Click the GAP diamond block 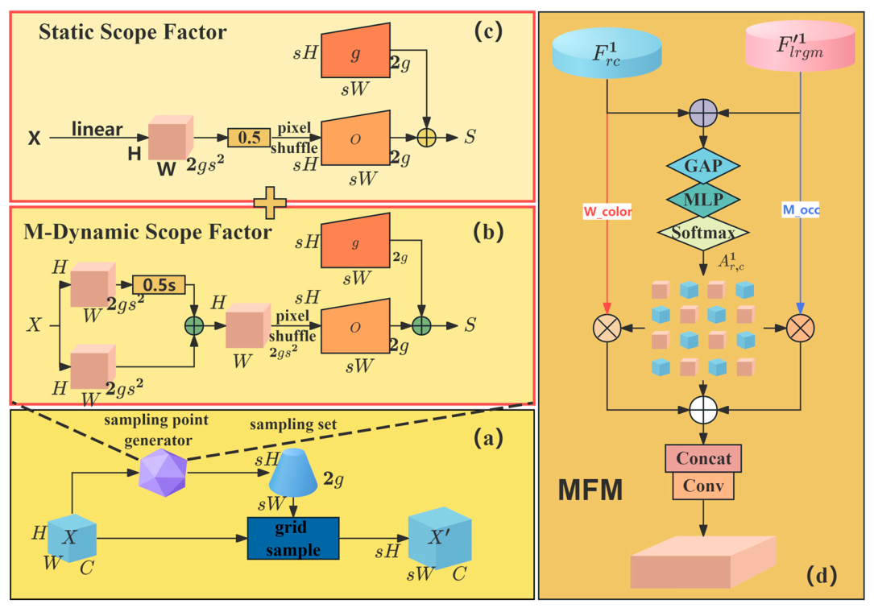[703, 166]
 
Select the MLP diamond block [703, 199]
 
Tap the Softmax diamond [703, 233]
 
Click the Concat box [703, 459]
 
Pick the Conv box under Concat [703, 486]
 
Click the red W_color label [607, 212]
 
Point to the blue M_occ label [801, 210]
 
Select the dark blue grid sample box [293, 538]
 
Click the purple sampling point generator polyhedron [163, 474]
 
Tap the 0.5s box [159, 285]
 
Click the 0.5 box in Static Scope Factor [249, 138]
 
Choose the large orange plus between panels [271, 203]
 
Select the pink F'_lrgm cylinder [801, 46]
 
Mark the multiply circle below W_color [607, 328]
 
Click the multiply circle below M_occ [801, 328]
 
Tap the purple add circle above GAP [703, 113]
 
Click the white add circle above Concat [703, 410]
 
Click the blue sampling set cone [293, 473]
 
